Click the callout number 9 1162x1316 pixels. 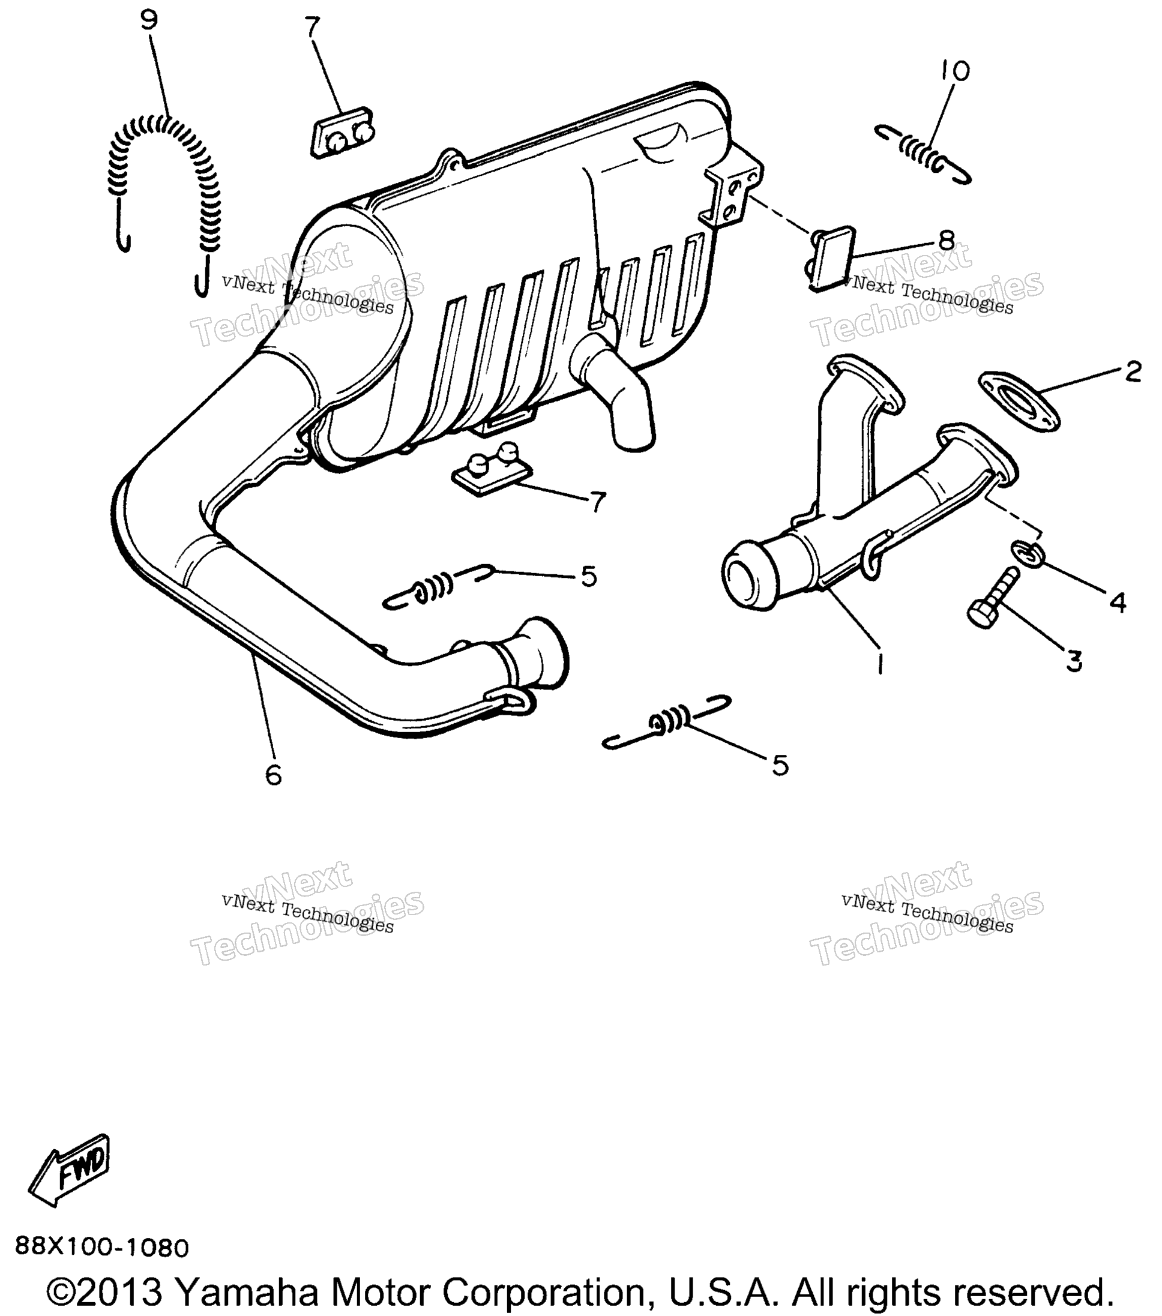(149, 20)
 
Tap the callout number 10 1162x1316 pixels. (956, 71)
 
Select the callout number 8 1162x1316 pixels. (946, 240)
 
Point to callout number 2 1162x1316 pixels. (1133, 371)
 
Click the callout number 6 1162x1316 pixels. (274, 775)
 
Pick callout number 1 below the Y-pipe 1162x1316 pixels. (880, 663)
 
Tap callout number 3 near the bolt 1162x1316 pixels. (1074, 661)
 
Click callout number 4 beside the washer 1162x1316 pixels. (1118, 602)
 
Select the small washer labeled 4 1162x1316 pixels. (1029, 554)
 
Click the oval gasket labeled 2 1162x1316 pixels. (1020, 401)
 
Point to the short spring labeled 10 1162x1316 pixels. (923, 154)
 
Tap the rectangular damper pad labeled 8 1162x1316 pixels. (830, 259)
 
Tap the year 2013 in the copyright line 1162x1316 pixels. (121, 1291)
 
